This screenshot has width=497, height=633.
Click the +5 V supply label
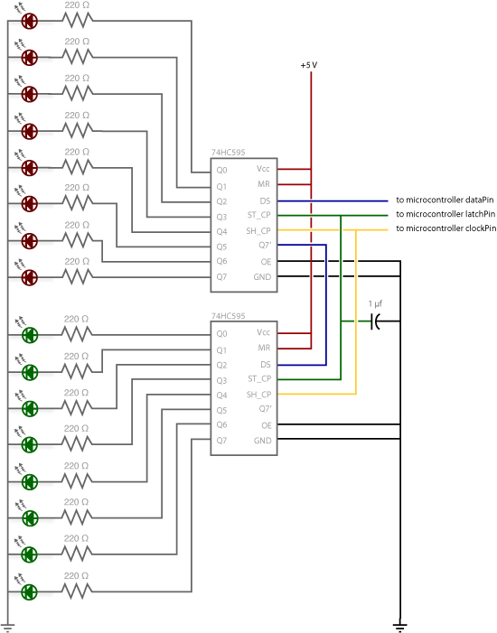click(310, 66)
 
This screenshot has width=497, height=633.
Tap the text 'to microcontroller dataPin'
click(446, 200)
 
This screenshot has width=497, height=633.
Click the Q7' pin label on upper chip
click(264, 246)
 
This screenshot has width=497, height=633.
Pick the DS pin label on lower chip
click(265, 364)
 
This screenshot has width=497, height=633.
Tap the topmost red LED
click(29, 21)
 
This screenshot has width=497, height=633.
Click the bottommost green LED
click(29, 591)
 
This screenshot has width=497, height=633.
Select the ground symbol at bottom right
click(399, 624)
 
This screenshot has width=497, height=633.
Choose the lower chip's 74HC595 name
click(230, 318)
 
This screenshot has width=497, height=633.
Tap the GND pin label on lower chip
click(263, 440)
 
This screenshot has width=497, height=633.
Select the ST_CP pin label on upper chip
click(259, 215)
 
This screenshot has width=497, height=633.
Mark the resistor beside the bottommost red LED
click(78, 275)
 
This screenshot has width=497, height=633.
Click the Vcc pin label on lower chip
click(264, 333)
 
